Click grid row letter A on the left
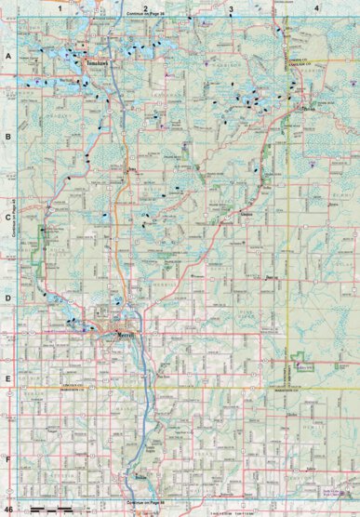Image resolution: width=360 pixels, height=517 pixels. click(x=7, y=57)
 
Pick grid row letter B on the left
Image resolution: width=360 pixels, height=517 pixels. click(x=7, y=137)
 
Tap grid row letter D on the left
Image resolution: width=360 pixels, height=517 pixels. click(x=7, y=299)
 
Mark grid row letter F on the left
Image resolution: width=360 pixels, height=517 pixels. click(x=7, y=458)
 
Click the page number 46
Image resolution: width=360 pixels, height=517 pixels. click(x=8, y=510)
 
